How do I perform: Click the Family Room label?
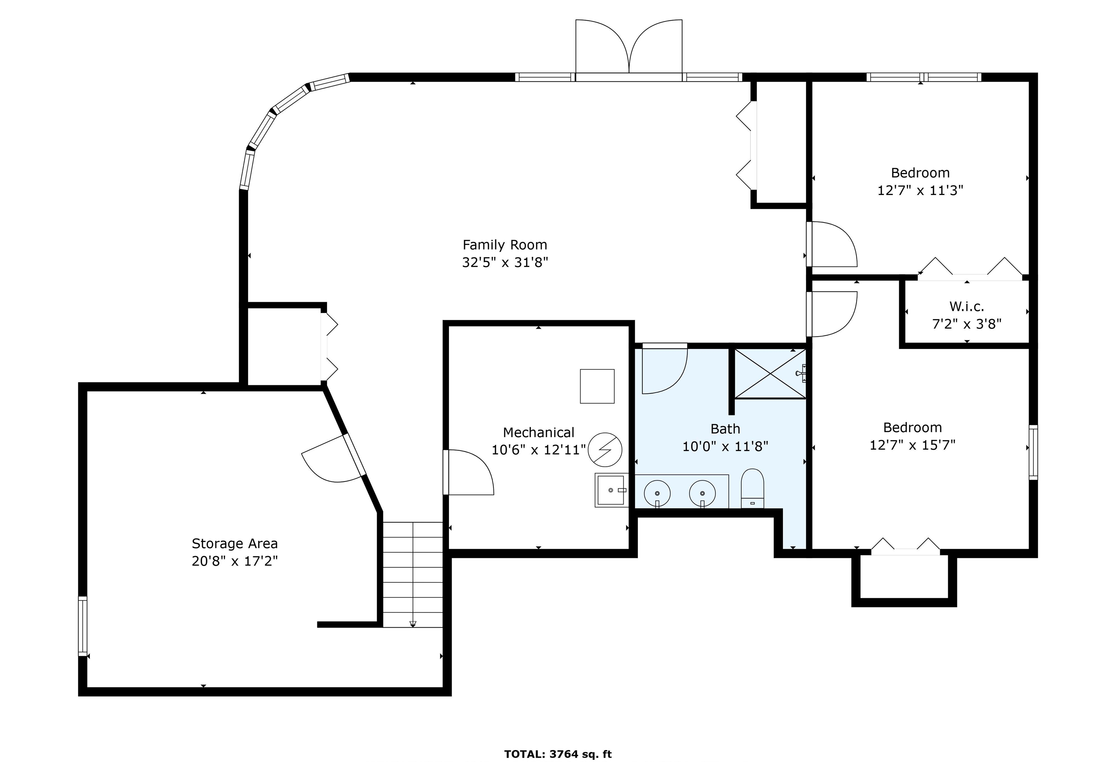pos(505,245)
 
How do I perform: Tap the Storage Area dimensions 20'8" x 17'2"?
pos(235,561)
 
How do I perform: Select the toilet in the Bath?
pos(752,488)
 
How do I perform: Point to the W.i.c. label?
pos(967,306)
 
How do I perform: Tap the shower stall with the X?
pos(770,374)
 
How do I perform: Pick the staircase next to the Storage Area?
pos(412,574)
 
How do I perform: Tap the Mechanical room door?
pos(468,472)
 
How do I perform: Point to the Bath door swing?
pos(664,369)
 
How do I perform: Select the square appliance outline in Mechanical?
pos(597,386)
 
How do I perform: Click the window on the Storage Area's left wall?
pos(82,626)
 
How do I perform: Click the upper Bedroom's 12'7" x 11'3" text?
pos(921,191)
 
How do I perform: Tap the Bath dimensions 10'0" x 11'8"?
pos(725,446)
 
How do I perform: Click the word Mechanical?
pos(539,433)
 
